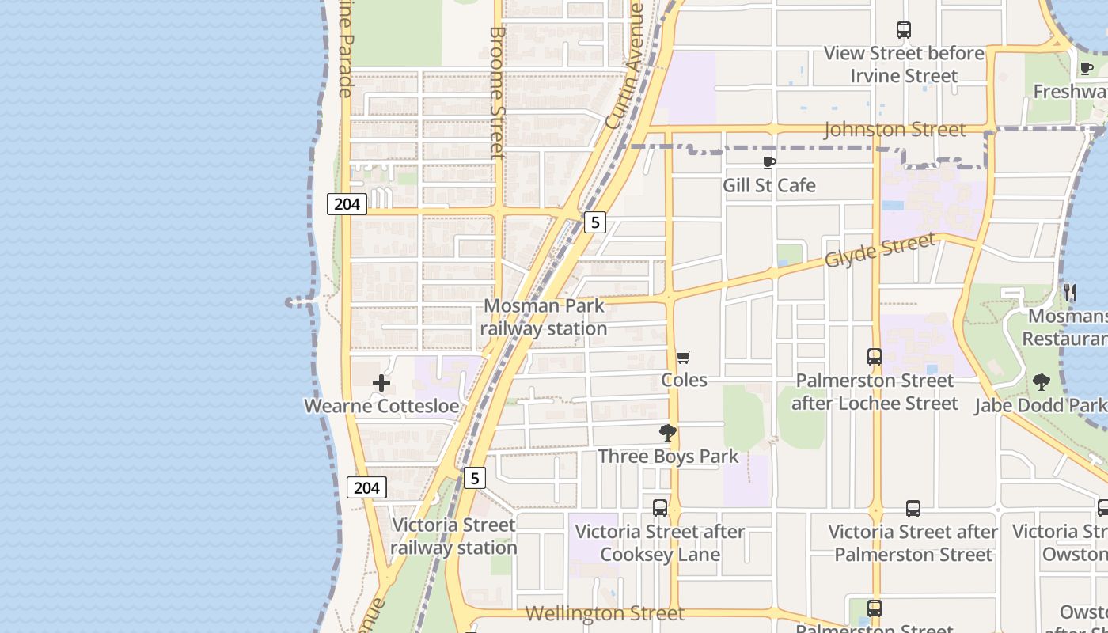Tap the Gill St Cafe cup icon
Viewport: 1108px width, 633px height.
coord(768,162)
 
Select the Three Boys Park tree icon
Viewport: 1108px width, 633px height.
coord(668,433)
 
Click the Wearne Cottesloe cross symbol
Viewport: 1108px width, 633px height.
coord(381,384)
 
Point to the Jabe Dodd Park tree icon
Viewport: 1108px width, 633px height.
coord(1042,382)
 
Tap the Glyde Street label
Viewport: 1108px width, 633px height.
coord(880,250)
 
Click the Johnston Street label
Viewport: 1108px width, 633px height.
coord(894,130)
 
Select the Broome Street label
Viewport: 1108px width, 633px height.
coord(497,93)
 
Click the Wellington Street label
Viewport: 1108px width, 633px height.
coord(605,613)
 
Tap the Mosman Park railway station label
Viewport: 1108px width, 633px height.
coord(544,316)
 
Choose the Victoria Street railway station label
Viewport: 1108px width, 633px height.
coord(453,536)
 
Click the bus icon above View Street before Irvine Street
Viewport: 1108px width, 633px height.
coord(904,30)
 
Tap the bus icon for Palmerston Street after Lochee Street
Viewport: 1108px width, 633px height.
coord(875,357)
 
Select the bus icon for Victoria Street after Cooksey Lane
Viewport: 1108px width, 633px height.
coord(660,508)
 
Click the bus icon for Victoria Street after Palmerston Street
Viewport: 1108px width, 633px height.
coord(913,509)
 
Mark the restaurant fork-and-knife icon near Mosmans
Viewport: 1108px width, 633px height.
coord(1070,293)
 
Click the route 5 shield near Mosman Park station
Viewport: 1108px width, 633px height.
coord(595,222)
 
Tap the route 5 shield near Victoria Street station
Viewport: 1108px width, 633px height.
coord(474,478)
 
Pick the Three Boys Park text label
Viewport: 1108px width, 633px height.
coord(668,457)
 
